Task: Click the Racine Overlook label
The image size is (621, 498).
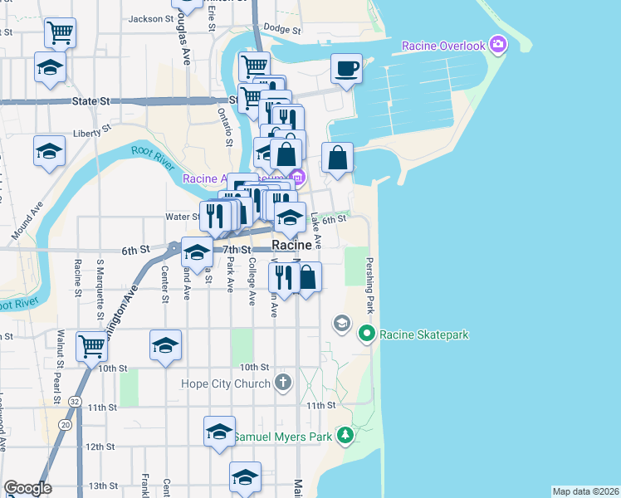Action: [443, 46]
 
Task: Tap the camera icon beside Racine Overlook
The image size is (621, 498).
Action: [498, 44]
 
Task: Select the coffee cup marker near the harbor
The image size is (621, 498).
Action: [345, 68]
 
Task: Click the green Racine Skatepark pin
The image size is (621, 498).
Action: [367, 334]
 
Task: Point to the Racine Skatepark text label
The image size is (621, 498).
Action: [425, 335]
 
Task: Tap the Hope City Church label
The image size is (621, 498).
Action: [226, 383]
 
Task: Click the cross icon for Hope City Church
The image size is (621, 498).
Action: [284, 383]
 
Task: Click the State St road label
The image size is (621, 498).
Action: [90, 100]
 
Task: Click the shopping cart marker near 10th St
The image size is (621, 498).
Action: [91, 345]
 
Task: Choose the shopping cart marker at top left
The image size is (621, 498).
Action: [60, 32]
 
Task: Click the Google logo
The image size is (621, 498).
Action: [27, 488]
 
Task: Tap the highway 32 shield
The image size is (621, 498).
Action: [76, 401]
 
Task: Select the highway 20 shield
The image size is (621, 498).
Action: [64, 425]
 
